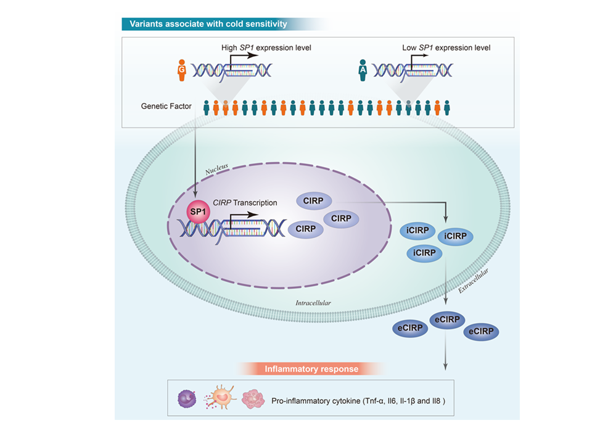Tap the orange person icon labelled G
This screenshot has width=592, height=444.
click(182, 69)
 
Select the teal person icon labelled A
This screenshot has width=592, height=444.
click(363, 69)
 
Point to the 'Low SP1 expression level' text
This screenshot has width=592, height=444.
click(445, 47)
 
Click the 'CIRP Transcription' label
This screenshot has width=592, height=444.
click(245, 202)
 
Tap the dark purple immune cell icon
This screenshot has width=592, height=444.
click(186, 399)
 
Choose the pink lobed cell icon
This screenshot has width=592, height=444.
click(253, 399)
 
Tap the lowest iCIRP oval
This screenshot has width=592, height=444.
click(425, 253)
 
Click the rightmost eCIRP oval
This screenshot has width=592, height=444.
click(480, 332)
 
